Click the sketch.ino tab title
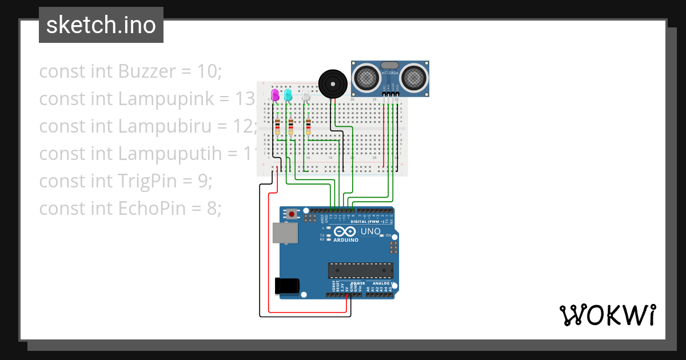(x=101, y=25)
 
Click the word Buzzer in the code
(x=146, y=71)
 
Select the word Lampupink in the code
(x=174, y=99)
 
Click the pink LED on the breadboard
(x=275, y=94)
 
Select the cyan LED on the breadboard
(x=288, y=94)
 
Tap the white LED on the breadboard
(x=306, y=95)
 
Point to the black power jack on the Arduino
(x=287, y=285)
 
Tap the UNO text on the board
(x=370, y=231)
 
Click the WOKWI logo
(x=607, y=315)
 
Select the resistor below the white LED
(x=308, y=126)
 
